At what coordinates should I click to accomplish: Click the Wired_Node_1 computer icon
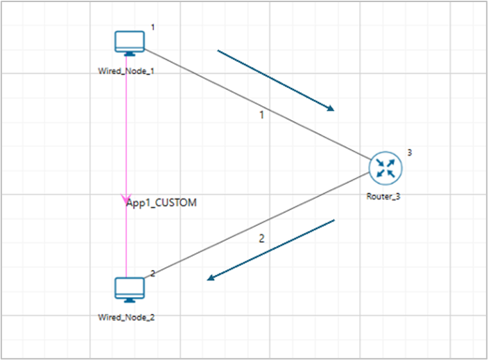click(x=129, y=43)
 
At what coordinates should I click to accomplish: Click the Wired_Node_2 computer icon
click(x=129, y=290)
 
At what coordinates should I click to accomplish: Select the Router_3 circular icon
click(x=386, y=167)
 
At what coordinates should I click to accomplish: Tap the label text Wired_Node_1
click(x=126, y=70)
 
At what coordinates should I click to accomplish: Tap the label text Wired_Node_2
click(x=127, y=317)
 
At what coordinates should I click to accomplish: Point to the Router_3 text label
click(x=383, y=196)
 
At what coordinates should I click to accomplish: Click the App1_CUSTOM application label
click(x=162, y=203)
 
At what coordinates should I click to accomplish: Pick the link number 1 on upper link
click(x=261, y=115)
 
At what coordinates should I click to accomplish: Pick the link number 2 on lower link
click(x=261, y=238)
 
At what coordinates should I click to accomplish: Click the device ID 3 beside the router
click(x=410, y=152)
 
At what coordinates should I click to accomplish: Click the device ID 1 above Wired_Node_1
click(x=153, y=27)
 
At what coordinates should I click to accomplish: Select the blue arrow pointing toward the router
click(x=276, y=80)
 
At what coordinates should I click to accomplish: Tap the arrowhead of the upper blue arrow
click(x=330, y=108)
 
